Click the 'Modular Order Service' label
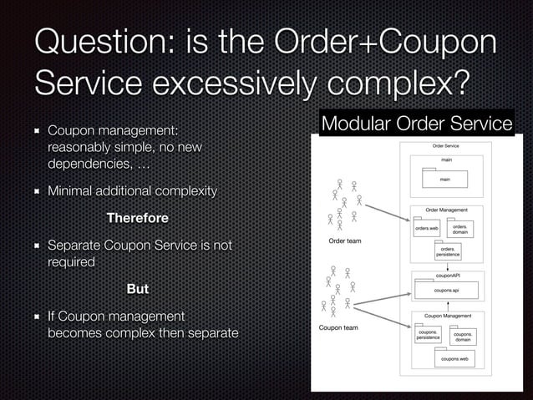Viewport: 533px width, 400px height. (x=417, y=124)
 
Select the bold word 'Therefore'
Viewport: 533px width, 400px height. (x=137, y=218)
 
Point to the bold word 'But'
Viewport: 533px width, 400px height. (x=137, y=289)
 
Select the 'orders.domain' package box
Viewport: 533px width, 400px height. (x=459, y=229)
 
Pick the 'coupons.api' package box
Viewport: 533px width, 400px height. (x=446, y=290)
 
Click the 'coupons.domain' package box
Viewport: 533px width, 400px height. (x=462, y=337)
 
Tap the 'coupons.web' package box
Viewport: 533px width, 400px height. (x=453, y=358)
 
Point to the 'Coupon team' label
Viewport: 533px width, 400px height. (x=338, y=327)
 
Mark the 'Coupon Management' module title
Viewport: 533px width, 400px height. (x=448, y=316)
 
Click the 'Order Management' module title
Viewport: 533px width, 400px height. (x=446, y=209)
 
